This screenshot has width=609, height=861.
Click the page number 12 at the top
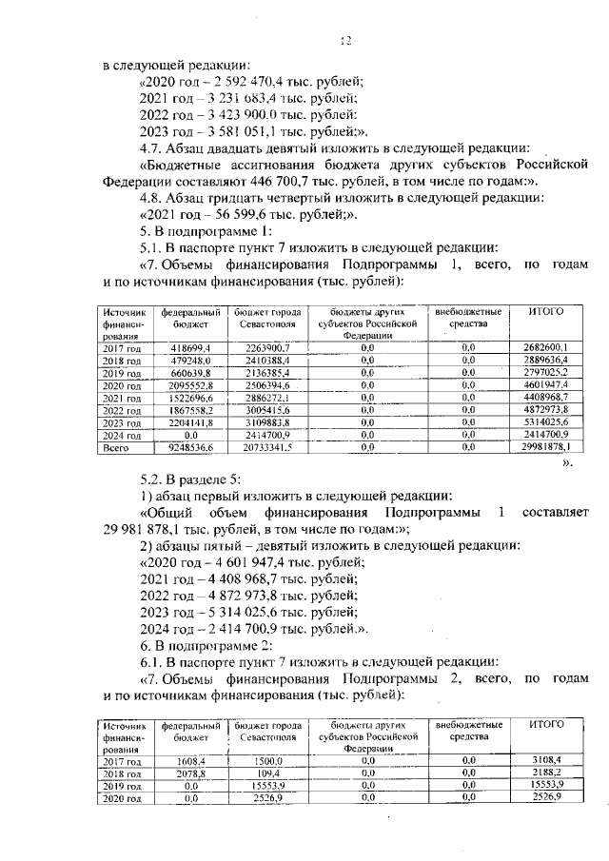coord(346,40)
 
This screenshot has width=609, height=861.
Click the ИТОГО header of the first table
coord(546,311)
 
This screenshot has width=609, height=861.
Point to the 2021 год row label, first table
coord(123,398)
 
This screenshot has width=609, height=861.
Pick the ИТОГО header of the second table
coord(546,724)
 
